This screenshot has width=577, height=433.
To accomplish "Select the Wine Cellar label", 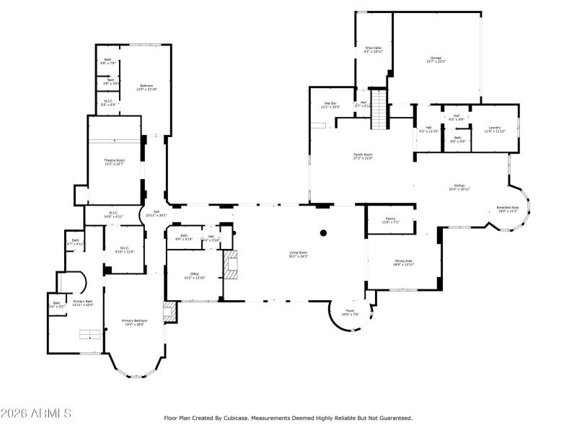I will click(373, 50).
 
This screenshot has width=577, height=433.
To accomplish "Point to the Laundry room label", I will click(495, 128).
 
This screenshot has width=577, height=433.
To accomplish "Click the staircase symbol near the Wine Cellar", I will click(379, 114).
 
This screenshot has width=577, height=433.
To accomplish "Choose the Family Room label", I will click(363, 157).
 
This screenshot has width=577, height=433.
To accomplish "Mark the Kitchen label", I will click(459, 187).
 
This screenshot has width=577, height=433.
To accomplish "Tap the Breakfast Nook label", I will click(508, 209).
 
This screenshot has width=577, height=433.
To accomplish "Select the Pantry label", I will click(390, 220).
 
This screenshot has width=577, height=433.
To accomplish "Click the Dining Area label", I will click(403, 263).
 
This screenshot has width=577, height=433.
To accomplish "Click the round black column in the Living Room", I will click(324, 233).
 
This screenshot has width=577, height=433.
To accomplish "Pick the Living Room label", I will click(299, 254).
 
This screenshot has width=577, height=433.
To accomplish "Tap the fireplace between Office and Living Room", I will click(232, 264).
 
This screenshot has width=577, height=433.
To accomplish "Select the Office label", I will click(195, 276).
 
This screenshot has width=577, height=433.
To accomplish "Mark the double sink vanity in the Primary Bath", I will click(89, 333).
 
